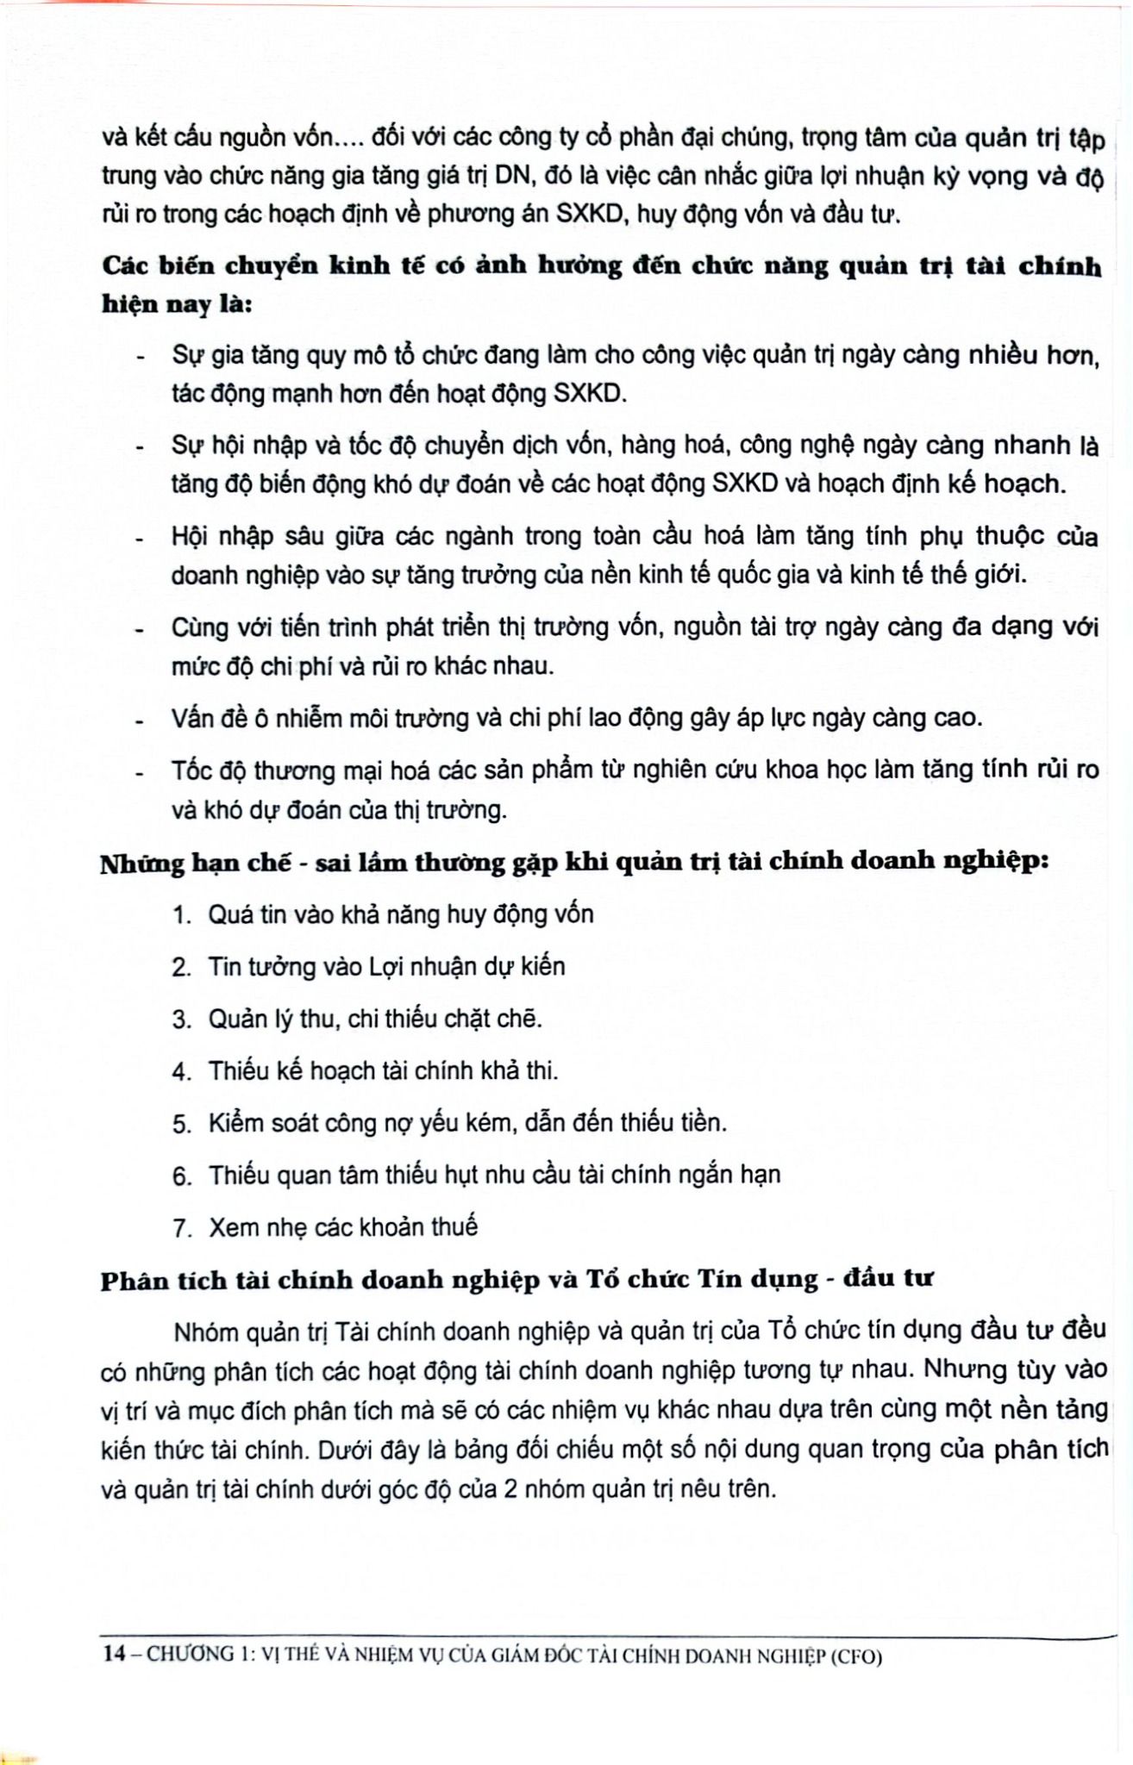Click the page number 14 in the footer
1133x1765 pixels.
point(113,1654)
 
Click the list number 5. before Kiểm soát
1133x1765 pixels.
point(182,1125)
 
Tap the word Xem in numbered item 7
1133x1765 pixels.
point(234,1227)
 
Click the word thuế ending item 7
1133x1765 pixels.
point(454,1226)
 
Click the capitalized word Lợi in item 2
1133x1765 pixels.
point(386,967)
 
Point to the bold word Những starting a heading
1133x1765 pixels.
point(141,864)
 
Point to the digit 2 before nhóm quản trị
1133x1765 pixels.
point(510,1489)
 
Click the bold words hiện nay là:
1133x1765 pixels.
point(177,304)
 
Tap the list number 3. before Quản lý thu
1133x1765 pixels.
point(182,1020)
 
